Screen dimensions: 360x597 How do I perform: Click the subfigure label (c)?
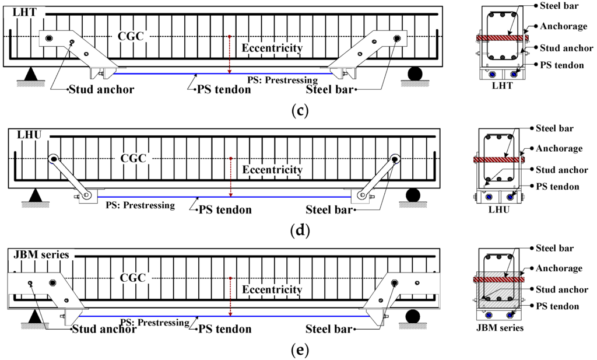click(x=298, y=109)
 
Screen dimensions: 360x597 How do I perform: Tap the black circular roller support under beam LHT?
click(x=415, y=74)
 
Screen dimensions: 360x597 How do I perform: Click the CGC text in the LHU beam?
click(x=134, y=158)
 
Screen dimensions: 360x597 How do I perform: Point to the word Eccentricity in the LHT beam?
click(x=272, y=48)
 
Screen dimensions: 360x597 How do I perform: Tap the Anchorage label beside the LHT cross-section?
click(x=561, y=26)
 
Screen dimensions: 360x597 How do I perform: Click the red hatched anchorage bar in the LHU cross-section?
click(x=498, y=159)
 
